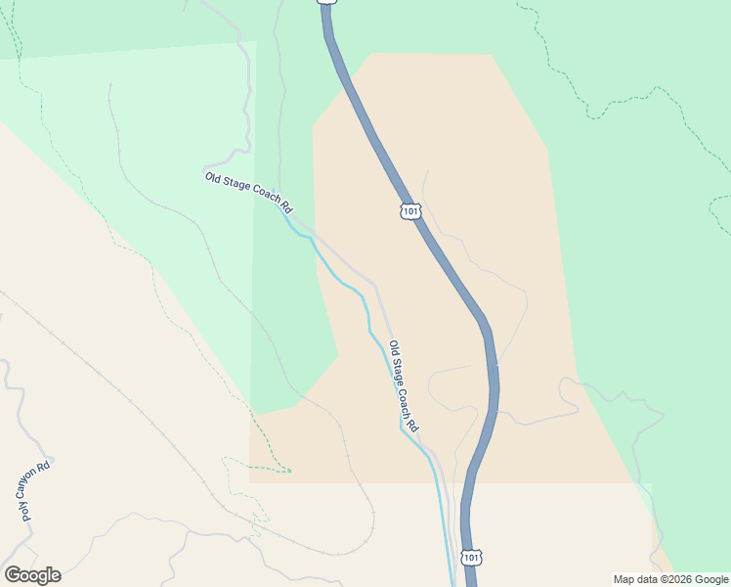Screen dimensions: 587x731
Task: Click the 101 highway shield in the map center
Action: point(409,211)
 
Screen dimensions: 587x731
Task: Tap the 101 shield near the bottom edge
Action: point(472,557)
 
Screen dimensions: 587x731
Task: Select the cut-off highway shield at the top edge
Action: point(327,2)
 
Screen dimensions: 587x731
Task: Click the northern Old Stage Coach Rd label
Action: point(248,193)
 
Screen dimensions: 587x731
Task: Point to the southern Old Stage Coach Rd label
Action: point(404,386)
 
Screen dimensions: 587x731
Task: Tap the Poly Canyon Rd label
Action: point(33,491)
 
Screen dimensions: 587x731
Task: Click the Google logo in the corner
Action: point(32,575)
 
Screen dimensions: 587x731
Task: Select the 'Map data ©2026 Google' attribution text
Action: point(669,579)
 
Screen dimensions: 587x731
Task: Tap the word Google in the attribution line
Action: point(709,579)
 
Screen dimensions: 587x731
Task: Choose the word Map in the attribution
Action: point(623,579)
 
